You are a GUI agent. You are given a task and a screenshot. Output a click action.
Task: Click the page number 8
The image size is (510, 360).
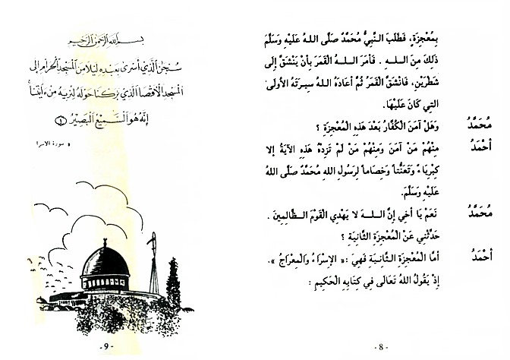[x=380, y=347]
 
